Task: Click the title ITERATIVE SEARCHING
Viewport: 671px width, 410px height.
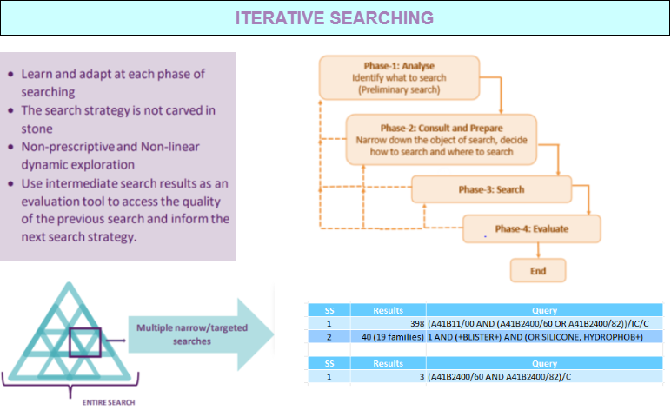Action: (335, 18)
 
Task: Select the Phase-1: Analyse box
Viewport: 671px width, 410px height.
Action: (399, 78)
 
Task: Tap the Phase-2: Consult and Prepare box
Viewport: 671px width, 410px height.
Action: (442, 140)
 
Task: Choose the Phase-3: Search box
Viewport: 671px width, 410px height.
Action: (491, 189)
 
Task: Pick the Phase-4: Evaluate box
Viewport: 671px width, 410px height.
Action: (531, 228)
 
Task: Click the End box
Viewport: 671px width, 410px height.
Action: (538, 271)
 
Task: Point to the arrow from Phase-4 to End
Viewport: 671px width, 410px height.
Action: (538, 250)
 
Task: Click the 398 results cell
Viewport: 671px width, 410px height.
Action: (389, 324)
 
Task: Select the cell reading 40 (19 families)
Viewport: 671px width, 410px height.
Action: (389, 337)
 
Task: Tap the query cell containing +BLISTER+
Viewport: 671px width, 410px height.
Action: (544, 337)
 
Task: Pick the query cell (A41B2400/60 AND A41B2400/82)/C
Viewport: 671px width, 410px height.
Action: (544, 377)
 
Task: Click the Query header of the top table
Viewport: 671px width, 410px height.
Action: (544, 310)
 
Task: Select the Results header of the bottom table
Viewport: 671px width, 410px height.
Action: (389, 363)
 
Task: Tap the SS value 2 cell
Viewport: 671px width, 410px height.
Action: (329, 337)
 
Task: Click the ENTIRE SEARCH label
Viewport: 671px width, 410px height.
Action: (109, 402)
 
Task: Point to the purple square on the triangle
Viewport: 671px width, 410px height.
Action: (70, 342)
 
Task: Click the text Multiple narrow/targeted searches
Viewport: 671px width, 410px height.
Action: (192, 334)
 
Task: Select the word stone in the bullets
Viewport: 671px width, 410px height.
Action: (37, 129)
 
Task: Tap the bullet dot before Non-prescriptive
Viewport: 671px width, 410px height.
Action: (10, 147)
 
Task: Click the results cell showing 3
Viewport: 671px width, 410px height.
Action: (389, 377)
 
